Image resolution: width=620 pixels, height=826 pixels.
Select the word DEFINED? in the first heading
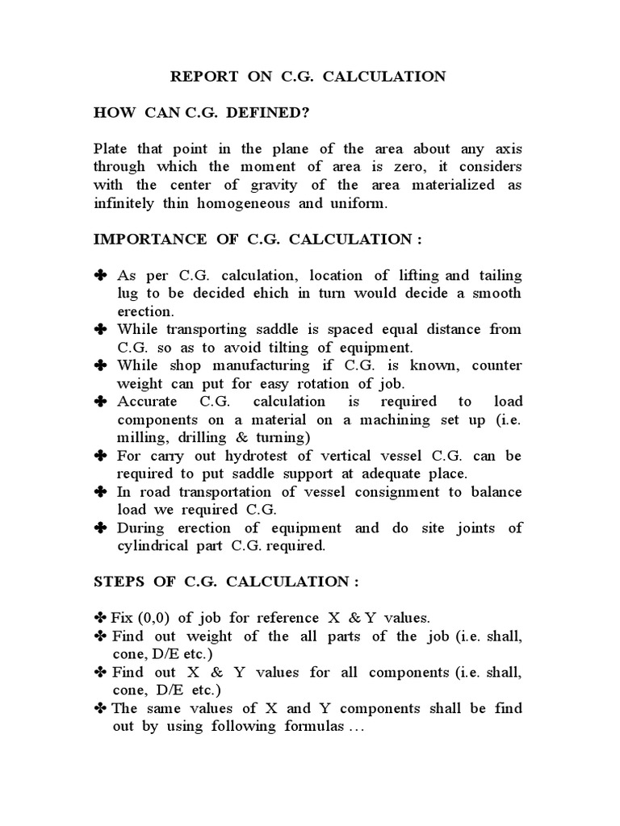[272, 113]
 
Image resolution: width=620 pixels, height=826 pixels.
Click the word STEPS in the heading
[118, 582]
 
